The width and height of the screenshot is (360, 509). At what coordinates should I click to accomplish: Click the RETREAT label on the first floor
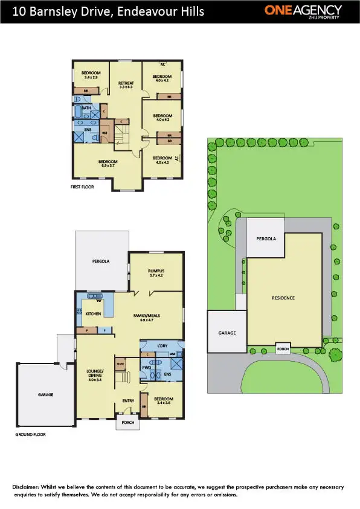pyautogui.click(x=126, y=83)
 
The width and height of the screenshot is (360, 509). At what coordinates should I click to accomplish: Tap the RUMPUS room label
pyautogui.click(x=156, y=271)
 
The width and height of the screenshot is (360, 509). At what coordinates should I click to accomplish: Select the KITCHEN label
pyautogui.click(x=92, y=314)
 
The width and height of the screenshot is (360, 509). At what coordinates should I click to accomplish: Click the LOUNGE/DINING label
pyautogui.click(x=95, y=373)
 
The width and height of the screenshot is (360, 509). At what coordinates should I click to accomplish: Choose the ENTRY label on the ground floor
pyautogui.click(x=128, y=400)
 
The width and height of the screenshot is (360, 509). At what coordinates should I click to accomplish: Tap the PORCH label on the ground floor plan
pyautogui.click(x=127, y=423)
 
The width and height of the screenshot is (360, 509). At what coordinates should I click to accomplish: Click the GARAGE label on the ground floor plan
pyautogui.click(x=46, y=394)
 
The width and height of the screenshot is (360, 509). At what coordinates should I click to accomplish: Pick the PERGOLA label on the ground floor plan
pyautogui.click(x=100, y=261)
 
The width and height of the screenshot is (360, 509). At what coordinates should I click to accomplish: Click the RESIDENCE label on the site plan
pyautogui.click(x=283, y=298)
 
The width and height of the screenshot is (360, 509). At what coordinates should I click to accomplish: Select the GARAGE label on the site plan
pyautogui.click(x=227, y=333)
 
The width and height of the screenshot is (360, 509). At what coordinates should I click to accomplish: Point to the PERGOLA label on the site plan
pyautogui.click(x=266, y=238)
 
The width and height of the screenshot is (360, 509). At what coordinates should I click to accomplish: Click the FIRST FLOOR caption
pyautogui.click(x=83, y=188)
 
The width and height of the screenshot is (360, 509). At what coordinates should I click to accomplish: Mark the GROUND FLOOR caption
pyautogui.click(x=30, y=434)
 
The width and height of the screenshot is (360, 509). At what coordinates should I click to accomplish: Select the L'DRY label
pyautogui.click(x=162, y=345)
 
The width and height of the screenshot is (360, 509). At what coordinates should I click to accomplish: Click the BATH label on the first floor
pyautogui.click(x=86, y=108)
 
